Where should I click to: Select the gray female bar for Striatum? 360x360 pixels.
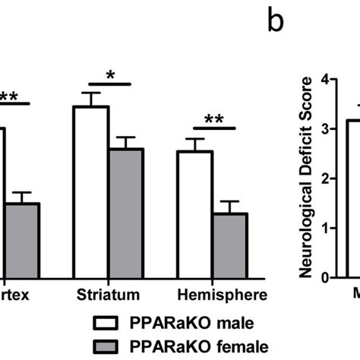pos(125,213)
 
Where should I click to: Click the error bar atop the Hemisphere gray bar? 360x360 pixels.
pos(229,207)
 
